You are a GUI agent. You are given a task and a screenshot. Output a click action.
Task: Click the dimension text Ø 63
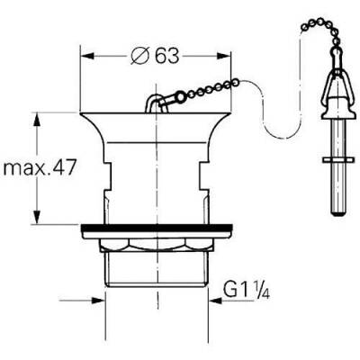[153, 55]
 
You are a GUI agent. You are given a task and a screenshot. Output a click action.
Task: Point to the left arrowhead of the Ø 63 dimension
[86, 55]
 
